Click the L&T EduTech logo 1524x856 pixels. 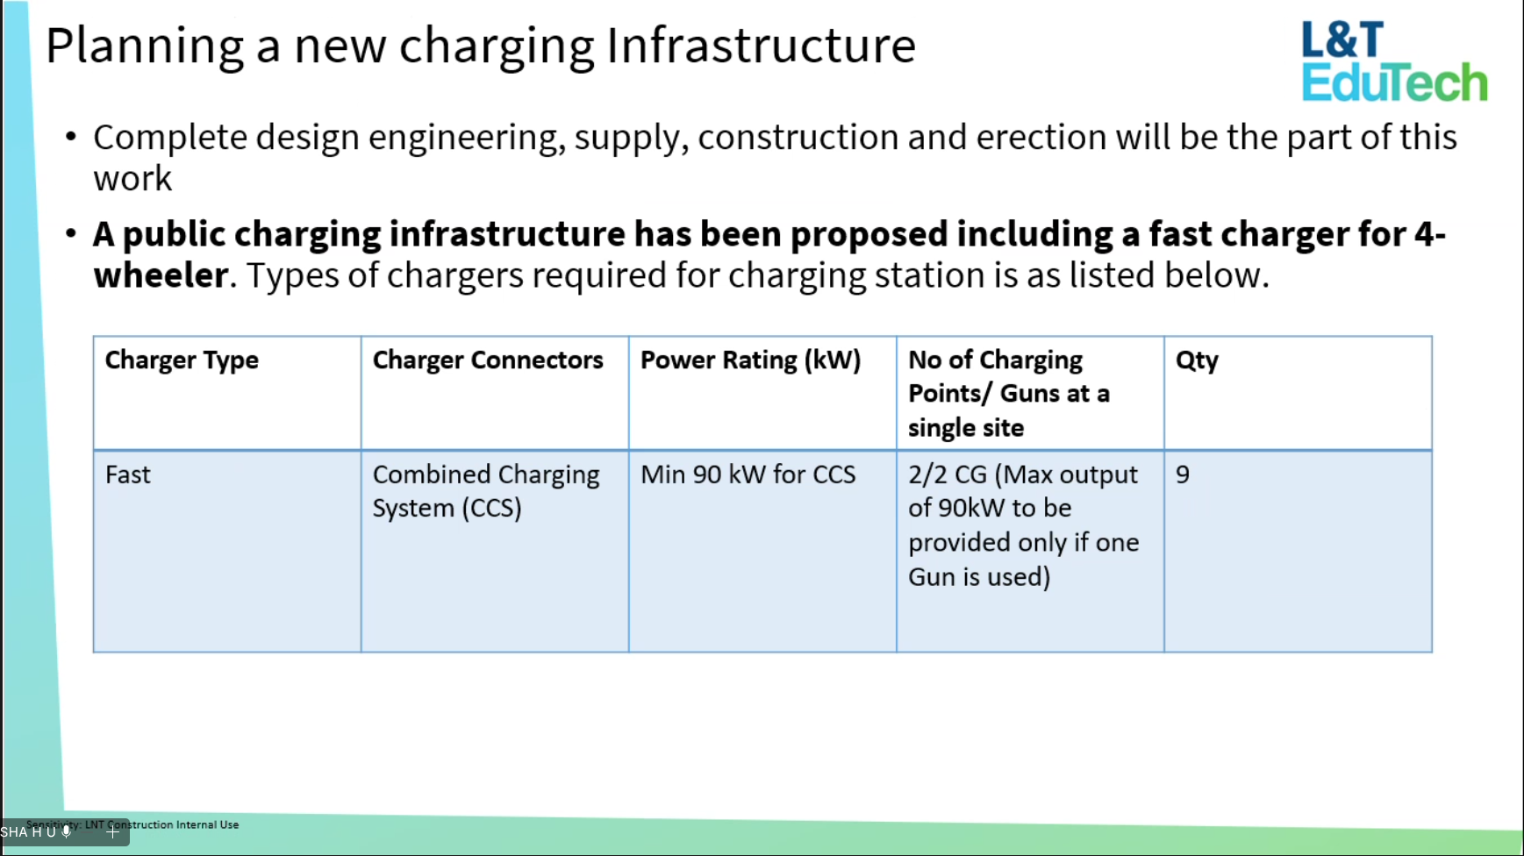(x=1393, y=61)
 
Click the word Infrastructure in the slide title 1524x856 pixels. (x=761, y=46)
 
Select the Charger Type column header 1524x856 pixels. (x=182, y=360)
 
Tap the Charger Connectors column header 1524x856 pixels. (x=488, y=360)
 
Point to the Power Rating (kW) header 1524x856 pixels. (x=751, y=360)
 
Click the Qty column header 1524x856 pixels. (x=1197, y=361)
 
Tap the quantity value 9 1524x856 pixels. (x=1183, y=474)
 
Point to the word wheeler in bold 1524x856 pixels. (x=161, y=275)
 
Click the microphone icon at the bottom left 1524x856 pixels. (x=66, y=831)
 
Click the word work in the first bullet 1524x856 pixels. (x=132, y=179)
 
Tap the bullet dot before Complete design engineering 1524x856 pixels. (x=71, y=138)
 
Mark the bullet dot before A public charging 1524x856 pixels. (x=71, y=234)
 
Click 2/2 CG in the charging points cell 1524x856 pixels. (x=948, y=474)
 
